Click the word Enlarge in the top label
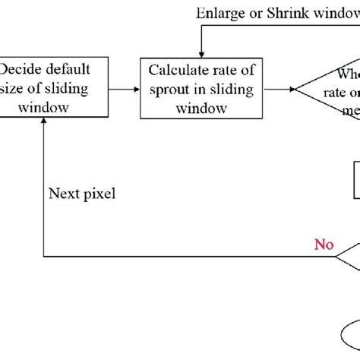[x=217, y=13]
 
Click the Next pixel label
[x=82, y=194]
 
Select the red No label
[x=324, y=245]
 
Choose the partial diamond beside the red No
[x=349, y=258]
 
